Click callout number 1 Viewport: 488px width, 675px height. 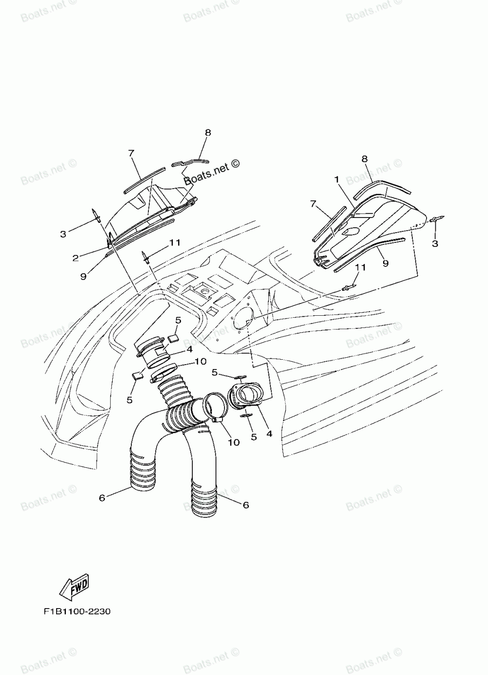pyautogui.click(x=337, y=179)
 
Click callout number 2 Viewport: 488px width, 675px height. pyautogui.click(x=76, y=257)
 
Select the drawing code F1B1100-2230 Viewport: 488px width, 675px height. pyautogui.click(x=77, y=611)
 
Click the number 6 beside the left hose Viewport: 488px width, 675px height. pyautogui.click(x=102, y=498)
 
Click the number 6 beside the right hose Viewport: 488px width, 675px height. pyautogui.click(x=245, y=505)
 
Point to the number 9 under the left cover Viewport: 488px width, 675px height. pyautogui.click(x=83, y=276)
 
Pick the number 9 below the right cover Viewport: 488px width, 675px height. pyautogui.click(x=386, y=263)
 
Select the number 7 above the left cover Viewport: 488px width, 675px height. pyautogui.click(x=131, y=153)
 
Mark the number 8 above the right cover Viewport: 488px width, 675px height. pyautogui.click(x=365, y=158)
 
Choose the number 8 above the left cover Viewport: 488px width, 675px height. pyautogui.click(x=208, y=132)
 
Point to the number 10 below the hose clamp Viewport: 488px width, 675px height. pyautogui.click(x=234, y=442)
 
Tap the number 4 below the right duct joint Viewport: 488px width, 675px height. pyautogui.click(x=269, y=433)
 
